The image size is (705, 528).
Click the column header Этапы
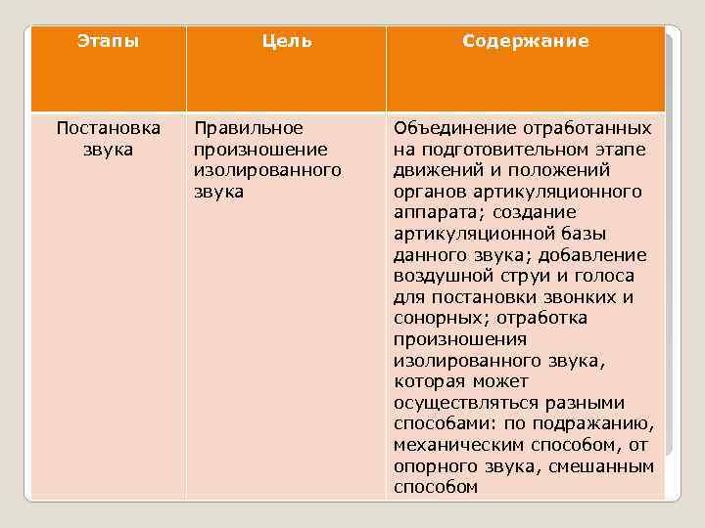pos(108,41)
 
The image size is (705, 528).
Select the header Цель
pos(286,41)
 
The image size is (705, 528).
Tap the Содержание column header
pos(525,41)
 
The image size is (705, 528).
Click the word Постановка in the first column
pos(108,128)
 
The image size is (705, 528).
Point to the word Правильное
pos(249,128)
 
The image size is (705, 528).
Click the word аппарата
pos(432,213)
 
